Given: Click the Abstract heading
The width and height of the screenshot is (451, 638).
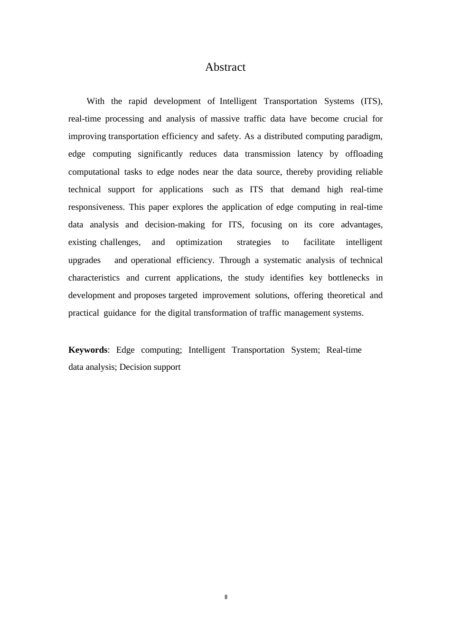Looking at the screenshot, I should [x=225, y=67].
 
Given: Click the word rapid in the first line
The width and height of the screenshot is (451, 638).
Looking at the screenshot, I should [x=138, y=101].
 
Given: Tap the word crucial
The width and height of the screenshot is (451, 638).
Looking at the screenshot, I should [x=356, y=119].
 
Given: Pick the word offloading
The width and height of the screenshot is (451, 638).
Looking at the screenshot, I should [x=363, y=154].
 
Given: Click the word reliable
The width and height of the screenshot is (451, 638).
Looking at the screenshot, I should [x=369, y=172].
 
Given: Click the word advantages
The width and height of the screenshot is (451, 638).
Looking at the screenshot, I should [x=361, y=225].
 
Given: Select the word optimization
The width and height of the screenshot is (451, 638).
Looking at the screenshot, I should [x=199, y=242].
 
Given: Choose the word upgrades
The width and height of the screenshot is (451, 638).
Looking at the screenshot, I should [x=85, y=260].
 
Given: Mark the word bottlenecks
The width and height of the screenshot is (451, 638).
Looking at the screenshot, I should [x=348, y=278].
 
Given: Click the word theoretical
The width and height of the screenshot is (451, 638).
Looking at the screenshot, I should [x=346, y=295].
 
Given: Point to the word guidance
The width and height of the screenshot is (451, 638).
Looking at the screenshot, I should [x=120, y=313].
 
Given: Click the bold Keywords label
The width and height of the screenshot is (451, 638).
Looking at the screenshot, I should [x=88, y=350].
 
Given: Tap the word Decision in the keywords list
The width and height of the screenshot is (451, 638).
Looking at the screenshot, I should [x=135, y=367].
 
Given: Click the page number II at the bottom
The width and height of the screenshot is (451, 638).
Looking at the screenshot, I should [x=226, y=597].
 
